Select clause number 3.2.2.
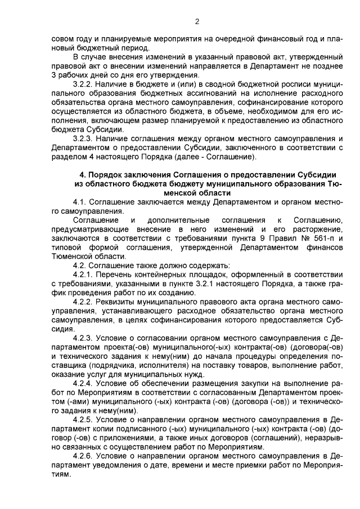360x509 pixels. click(84, 82)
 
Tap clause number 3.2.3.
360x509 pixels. click(84, 138)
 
